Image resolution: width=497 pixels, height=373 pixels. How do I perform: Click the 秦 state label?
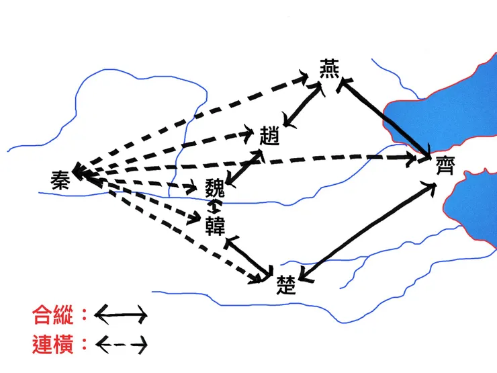pyautogui.click(x=60, y=179)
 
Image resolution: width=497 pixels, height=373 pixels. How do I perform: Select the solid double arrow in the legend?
pyautogui.click(x=121, y=314)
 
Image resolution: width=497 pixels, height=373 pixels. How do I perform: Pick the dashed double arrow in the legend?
pyautogui.click(x=121, y=345)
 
